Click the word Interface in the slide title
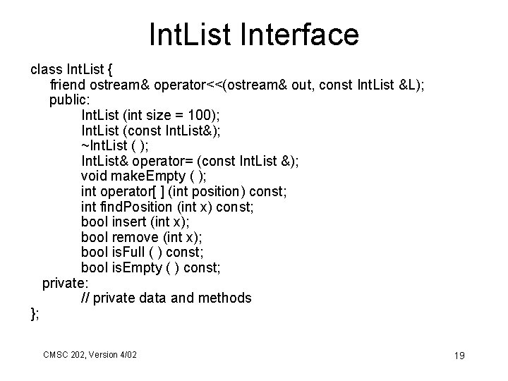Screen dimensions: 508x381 tap(305, 34)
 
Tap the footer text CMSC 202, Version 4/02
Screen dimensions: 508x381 tap(90, 353)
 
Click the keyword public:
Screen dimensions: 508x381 tap(68, 100)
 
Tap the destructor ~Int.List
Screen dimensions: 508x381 tap(104, 145)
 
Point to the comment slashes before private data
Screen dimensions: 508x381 tap(85, 298)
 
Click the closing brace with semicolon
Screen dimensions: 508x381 tap(35, 313)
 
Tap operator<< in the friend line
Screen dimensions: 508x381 tap(175, 85)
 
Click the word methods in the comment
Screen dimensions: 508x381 tap(224, 298)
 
